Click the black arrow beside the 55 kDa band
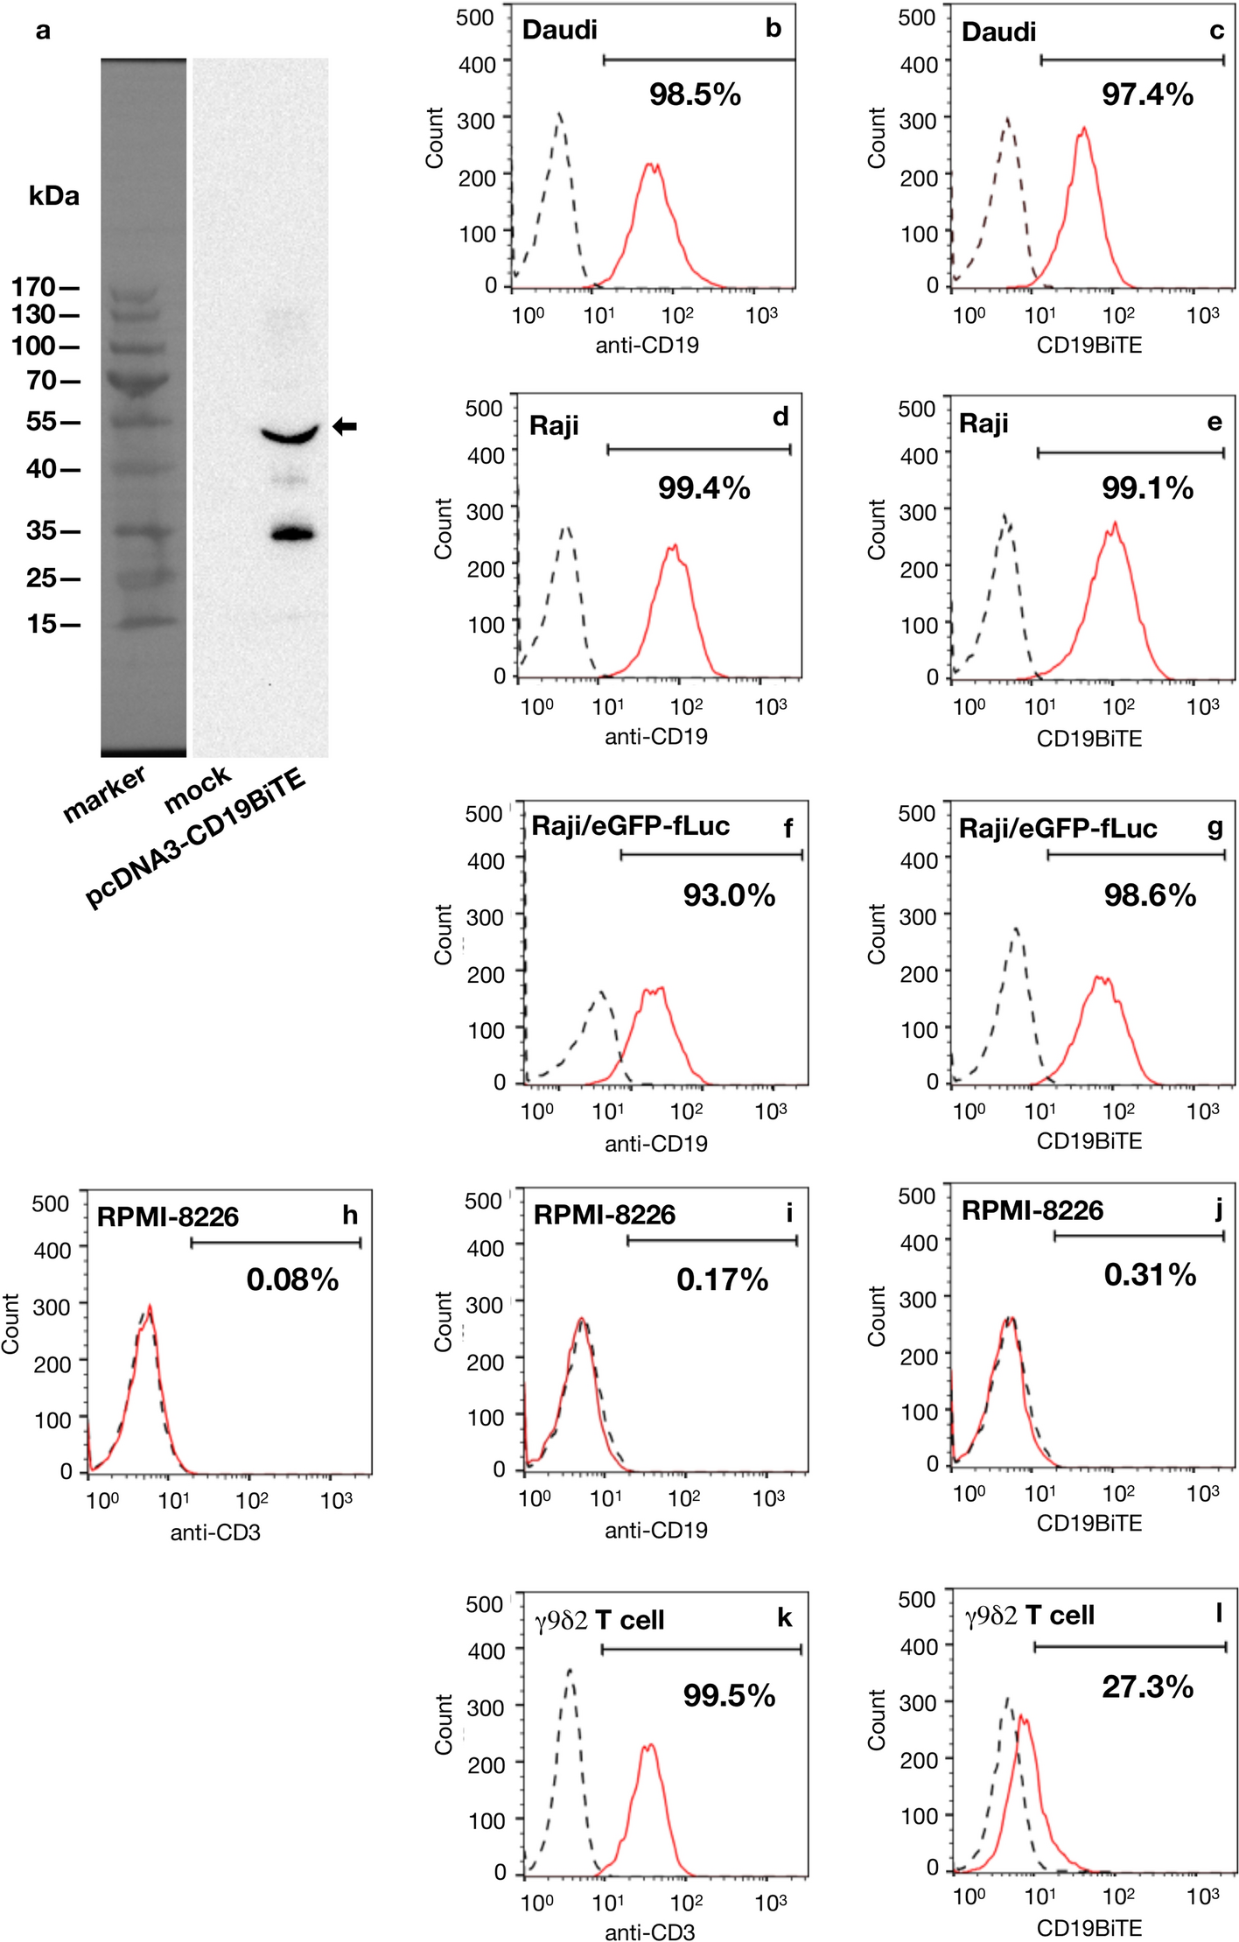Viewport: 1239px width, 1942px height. coord(345,426)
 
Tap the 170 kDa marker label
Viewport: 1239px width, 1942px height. coord(33,286)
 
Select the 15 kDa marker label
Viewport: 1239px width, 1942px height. coord(41,624)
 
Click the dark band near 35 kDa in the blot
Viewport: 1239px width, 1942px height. coord(292,533)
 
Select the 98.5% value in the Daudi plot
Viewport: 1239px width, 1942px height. coord(695,95)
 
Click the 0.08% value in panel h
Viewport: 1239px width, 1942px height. coord(292,1279)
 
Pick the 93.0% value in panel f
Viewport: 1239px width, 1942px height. coord(729,894)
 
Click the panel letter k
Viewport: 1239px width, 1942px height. coord(784,1617)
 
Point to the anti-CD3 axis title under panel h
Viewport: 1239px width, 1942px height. coord(215,1532)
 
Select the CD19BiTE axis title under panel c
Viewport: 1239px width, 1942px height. coord(1089,345)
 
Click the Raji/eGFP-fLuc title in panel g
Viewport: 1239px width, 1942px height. coord(1058,828)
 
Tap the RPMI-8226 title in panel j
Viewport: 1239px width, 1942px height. coord(1032,1210)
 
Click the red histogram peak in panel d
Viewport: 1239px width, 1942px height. coord(673,547)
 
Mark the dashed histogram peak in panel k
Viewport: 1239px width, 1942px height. coord(570,1670)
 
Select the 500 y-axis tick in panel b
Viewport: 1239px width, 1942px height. coord(474,18)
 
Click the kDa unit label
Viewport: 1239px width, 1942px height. coord(53,196)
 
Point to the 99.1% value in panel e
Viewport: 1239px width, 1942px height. coord(1147,487)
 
